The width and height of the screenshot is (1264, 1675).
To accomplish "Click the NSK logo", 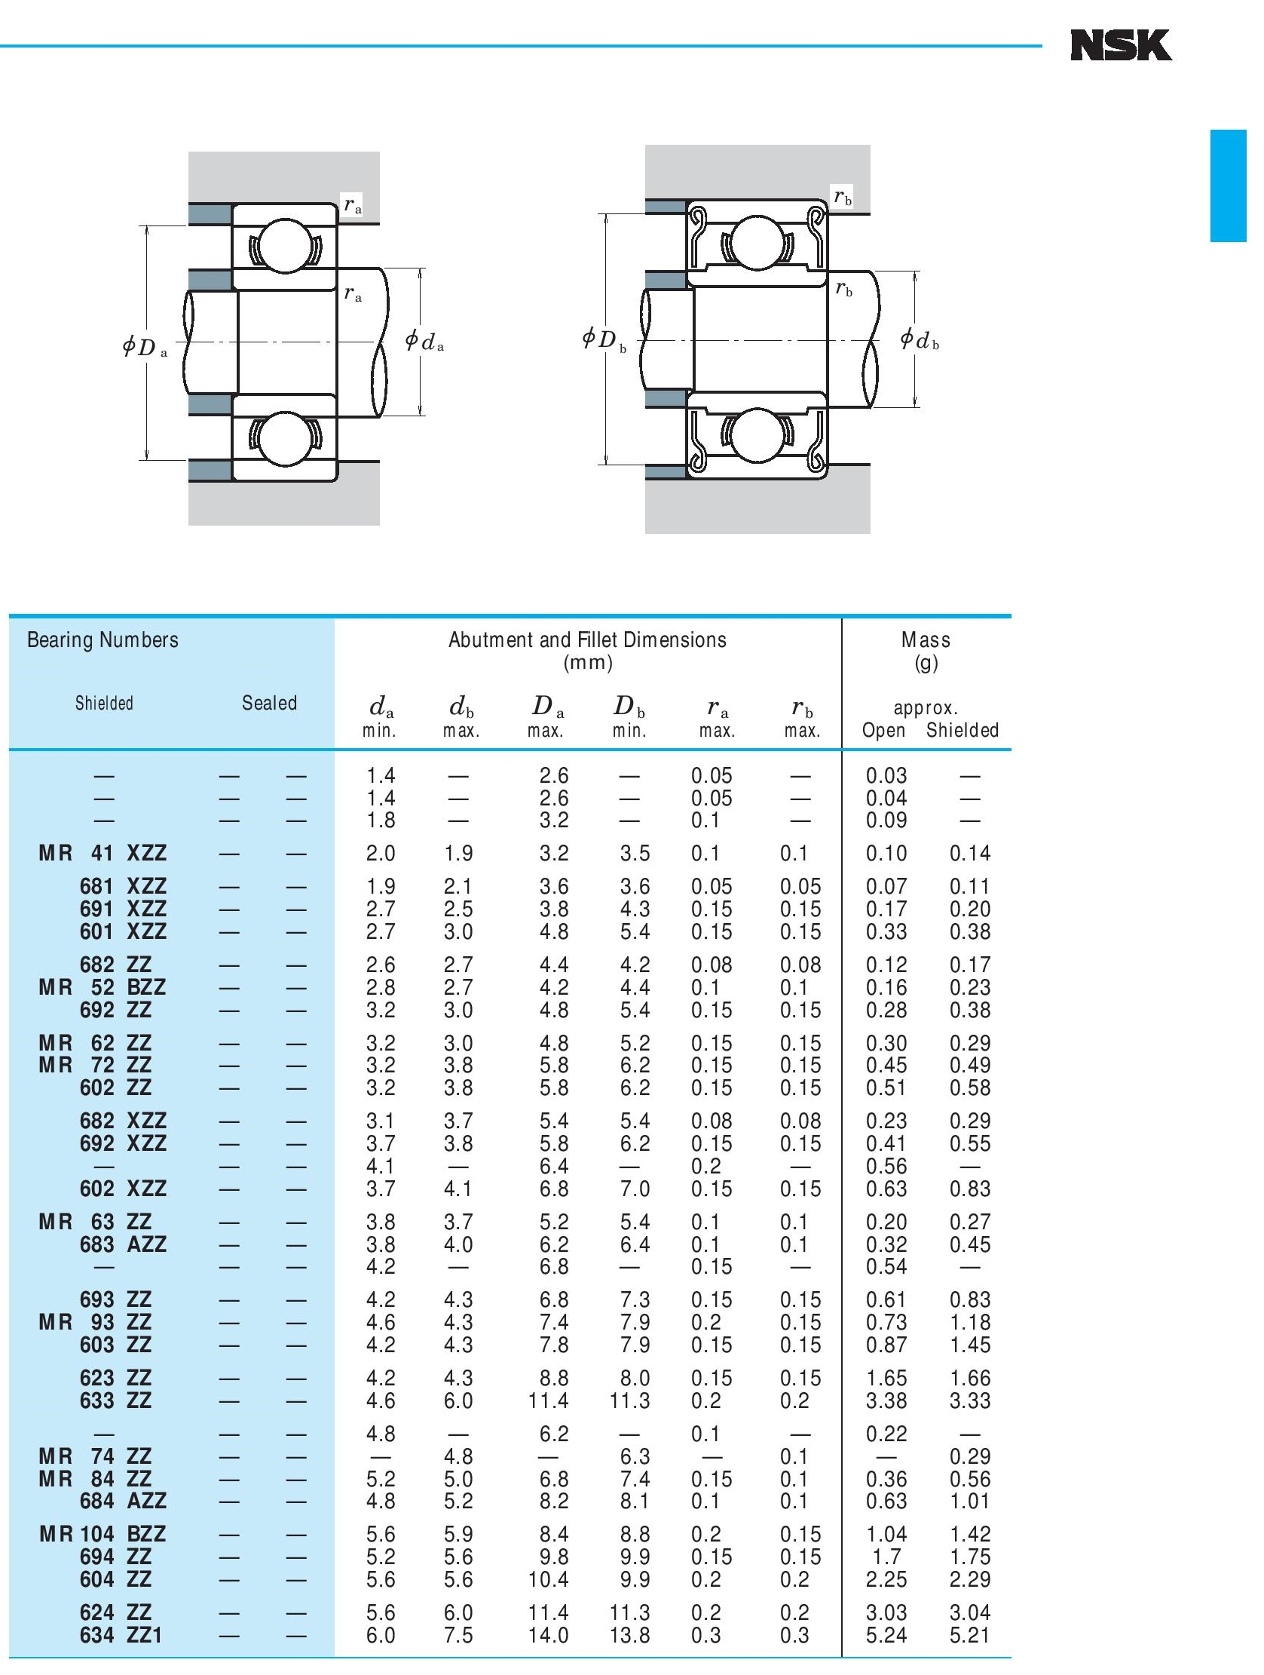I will (1120, 45).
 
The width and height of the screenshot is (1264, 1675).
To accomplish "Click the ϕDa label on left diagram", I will (145, 348).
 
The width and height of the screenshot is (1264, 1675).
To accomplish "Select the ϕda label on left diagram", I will (424, 342).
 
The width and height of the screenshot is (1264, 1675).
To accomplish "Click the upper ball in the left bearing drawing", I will (285, 244).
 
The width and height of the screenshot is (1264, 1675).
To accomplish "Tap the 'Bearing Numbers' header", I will (103, 640).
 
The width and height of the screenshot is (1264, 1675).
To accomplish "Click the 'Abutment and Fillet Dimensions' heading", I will (586, 640).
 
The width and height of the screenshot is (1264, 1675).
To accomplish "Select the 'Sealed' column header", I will (269, 703).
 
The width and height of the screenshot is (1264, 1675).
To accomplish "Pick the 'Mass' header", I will (925, 640).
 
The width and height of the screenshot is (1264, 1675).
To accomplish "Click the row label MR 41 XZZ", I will (103, 854).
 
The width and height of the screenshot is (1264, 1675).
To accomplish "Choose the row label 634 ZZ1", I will (121, 1635).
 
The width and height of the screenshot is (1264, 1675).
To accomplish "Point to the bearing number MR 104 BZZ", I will (103, 1534).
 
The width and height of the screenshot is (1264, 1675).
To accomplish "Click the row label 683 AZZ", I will (123, 1244).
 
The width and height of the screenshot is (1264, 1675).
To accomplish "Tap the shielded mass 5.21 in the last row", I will (969, 1635).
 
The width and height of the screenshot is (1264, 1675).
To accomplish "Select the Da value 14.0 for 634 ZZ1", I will (548, 1635).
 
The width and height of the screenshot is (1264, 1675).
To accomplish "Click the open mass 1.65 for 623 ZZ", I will (886, 1378).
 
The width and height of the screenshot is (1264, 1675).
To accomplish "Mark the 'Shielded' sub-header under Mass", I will (962, 730).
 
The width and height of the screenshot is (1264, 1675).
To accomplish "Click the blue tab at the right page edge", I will (1228, 186).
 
